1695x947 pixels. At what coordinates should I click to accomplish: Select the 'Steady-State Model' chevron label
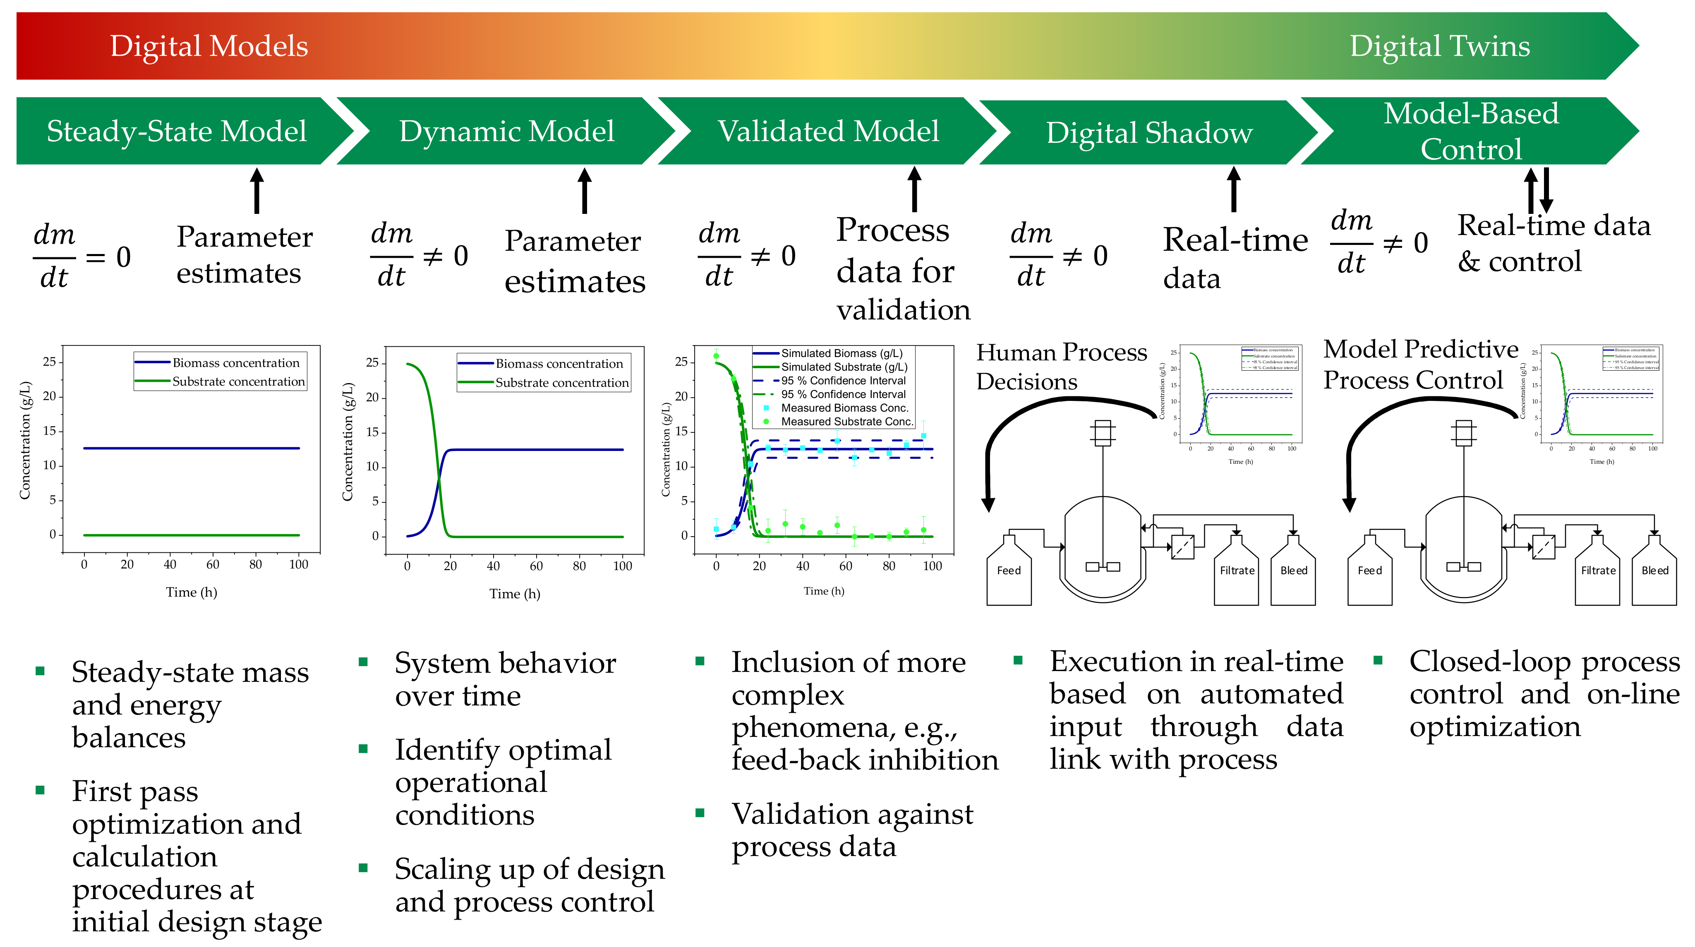(176, 131)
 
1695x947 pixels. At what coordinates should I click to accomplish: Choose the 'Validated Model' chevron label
(828, 131)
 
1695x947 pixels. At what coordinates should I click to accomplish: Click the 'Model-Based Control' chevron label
(1471, 131)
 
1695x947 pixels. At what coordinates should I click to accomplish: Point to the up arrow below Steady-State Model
(257, 191)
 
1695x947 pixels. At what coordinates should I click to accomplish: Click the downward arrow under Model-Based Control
(1546, 189)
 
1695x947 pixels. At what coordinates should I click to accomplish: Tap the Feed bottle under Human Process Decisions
(1009, 570)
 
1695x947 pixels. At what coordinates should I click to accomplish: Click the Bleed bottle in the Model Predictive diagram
(1654, 570)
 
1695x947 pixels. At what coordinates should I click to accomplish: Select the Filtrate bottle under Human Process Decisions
(1236, 570)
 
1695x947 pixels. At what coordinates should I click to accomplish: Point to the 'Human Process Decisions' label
(1061, 367)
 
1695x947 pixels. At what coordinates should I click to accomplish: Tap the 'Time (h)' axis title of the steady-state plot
(192, 592)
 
